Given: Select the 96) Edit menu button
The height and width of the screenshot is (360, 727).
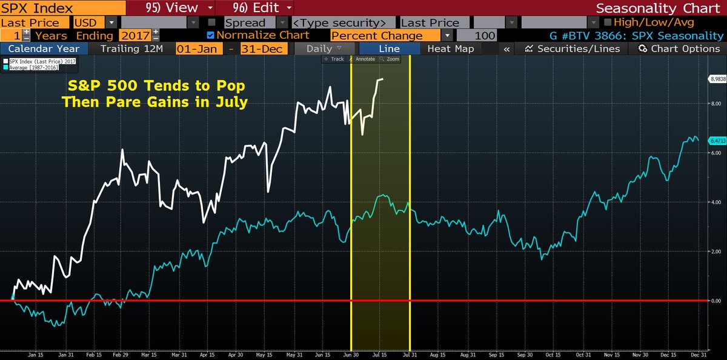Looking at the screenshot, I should (254, 8).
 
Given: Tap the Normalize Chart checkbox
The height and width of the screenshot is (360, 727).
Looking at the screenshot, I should (210, 35).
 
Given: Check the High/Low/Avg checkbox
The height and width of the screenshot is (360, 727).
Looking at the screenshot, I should (608, 22).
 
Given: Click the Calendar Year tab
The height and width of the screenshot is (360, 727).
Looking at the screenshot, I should (44, 48).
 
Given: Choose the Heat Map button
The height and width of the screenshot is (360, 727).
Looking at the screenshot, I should (450, 48).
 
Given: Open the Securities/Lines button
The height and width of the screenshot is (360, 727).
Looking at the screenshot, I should (572, 48).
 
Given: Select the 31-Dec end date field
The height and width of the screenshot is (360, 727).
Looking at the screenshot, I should (263, 48).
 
